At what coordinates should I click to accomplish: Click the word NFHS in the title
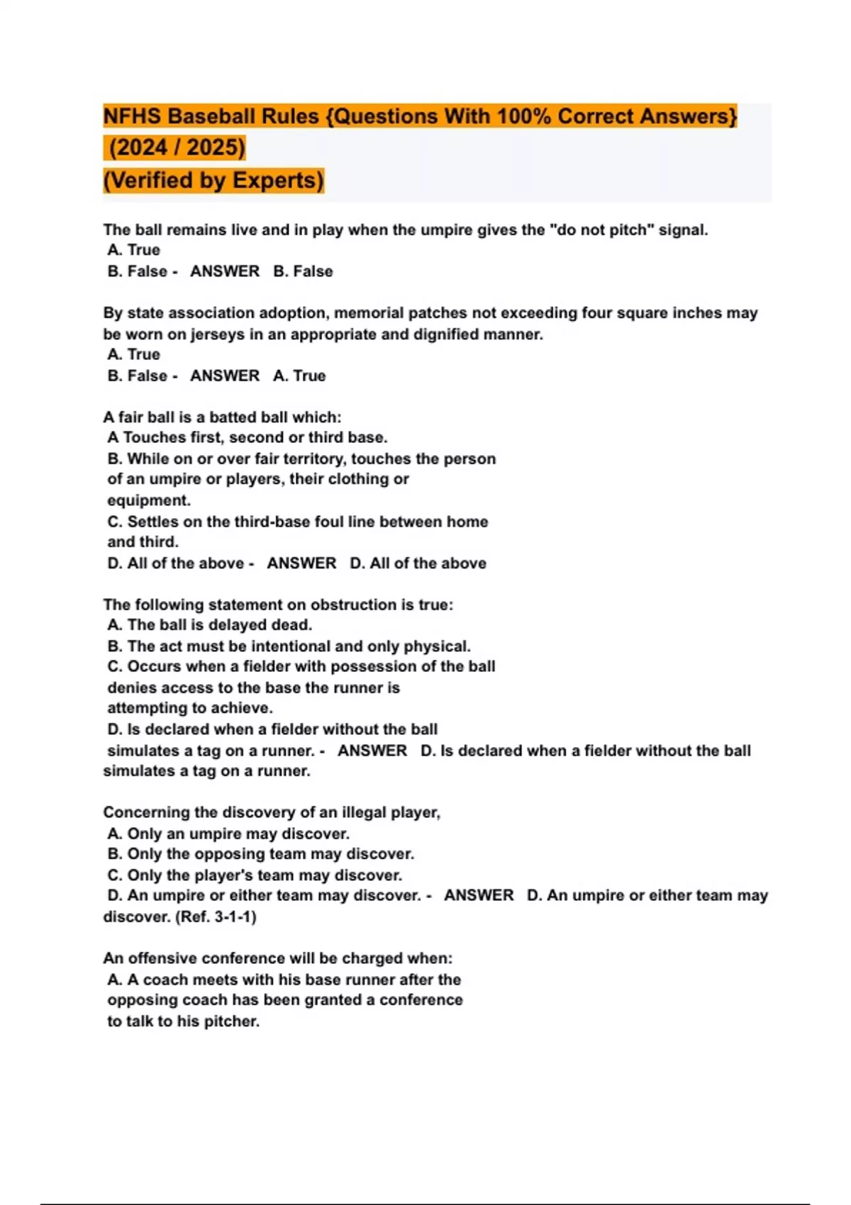(132, 116)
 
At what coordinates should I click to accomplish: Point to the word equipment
(148, 500)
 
